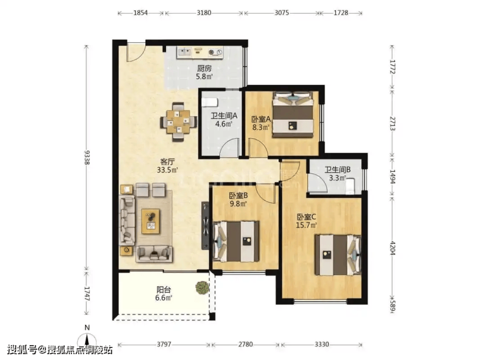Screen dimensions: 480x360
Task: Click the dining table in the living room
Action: click(178, 121)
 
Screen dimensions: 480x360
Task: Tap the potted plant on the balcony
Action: click(202, 288)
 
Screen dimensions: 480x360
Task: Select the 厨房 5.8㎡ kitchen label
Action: click(204, 72)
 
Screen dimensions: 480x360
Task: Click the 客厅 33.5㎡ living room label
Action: click(167, 165)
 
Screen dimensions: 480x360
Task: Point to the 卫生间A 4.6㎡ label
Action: click(224, 120)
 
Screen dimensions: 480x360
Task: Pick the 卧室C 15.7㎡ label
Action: click(306, 221)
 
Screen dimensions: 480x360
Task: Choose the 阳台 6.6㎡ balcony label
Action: click(163, 293)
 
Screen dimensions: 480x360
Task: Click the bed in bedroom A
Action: click(293, 115)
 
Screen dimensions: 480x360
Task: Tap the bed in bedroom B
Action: click(235, 241)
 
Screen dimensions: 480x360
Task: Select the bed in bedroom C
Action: click(338, 255)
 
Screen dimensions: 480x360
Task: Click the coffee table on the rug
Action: click(150, 221)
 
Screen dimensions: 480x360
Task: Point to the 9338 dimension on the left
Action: click(87, 158)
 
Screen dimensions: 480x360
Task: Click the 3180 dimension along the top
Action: click(204, 13)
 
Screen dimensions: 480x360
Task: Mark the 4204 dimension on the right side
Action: click(392, 248)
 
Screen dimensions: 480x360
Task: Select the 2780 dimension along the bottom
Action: click(245, 344)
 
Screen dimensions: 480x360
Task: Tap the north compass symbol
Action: click(88, 338)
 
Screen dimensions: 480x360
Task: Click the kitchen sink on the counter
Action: click(184, 52)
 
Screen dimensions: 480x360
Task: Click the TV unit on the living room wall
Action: click(205, 226)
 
